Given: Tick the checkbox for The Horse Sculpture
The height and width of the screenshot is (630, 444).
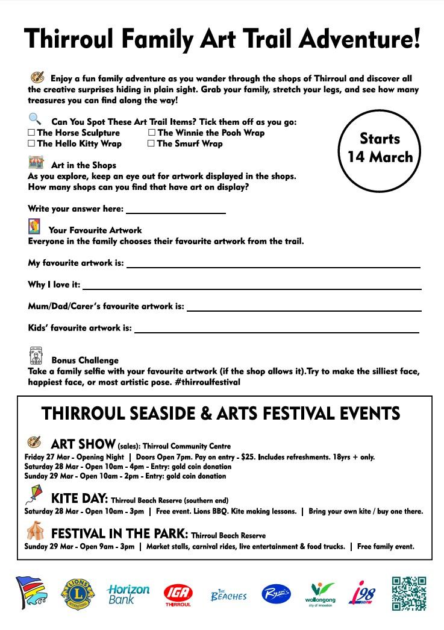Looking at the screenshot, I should [x=31, y=133].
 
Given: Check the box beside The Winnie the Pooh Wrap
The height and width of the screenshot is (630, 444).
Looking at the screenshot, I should [x=152, y=133].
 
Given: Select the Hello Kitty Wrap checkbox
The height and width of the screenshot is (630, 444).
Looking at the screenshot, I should [x=31, y=143].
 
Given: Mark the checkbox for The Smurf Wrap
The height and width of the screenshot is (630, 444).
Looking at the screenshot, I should [x=151, y=143].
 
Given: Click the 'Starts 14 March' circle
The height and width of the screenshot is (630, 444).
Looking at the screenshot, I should [x=379, y=148].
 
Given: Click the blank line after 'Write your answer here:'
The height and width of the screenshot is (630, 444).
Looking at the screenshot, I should [x=176, y=210].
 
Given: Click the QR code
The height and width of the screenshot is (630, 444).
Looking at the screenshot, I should [x=409, y=593].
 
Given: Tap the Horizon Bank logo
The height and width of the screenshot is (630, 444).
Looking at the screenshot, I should [x=128, y=594].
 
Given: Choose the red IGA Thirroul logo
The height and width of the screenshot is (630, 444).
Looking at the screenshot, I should [x=178, y=594].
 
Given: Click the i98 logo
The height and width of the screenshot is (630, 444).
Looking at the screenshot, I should [x=363, y=594].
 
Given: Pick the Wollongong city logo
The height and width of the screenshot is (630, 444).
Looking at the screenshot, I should [x=320, y=594].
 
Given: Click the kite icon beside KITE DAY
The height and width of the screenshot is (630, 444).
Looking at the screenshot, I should [x=34, y=496].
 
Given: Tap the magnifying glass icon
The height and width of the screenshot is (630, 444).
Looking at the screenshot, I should [x=35, y=119].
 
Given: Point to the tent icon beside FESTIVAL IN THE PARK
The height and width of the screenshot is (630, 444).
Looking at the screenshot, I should [x=35, y=531].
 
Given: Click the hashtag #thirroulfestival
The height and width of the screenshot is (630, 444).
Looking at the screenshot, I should [x=207, y=382].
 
